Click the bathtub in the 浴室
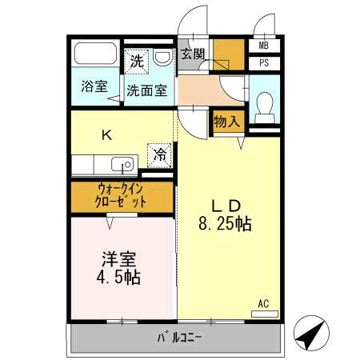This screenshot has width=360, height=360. click(x=96, y=54)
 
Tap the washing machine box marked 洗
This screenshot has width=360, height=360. click(x=137, y=62)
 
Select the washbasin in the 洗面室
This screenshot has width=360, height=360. click(x=162, y=58)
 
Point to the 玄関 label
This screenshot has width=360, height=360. click(x=193, y=54)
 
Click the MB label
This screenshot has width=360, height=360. click(x=264, y=46)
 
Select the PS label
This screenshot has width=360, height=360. click(x=264, y=63)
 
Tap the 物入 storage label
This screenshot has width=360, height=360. click(x=227, y=122)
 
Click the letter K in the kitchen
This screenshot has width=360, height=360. click(x=107, y=135)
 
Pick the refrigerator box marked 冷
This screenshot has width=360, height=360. click(x=159, y=155)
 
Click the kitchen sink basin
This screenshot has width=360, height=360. click(x=122, y=164)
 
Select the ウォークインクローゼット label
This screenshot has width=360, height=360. click(x=121, y=196)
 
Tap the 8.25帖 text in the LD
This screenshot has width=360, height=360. click(x=225, y=224)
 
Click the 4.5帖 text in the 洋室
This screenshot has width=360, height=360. click(x=118, y=278)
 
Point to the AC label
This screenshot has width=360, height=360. click(x=263, y=304)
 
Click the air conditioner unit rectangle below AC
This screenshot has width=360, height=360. click(x=265, y=314)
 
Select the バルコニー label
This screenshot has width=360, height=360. click(x=179, y=338)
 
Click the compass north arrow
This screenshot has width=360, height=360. click(x=311, y=333)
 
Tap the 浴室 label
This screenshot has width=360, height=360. click(x=94, y=86)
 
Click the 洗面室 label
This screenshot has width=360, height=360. click(x=147, y=90)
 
